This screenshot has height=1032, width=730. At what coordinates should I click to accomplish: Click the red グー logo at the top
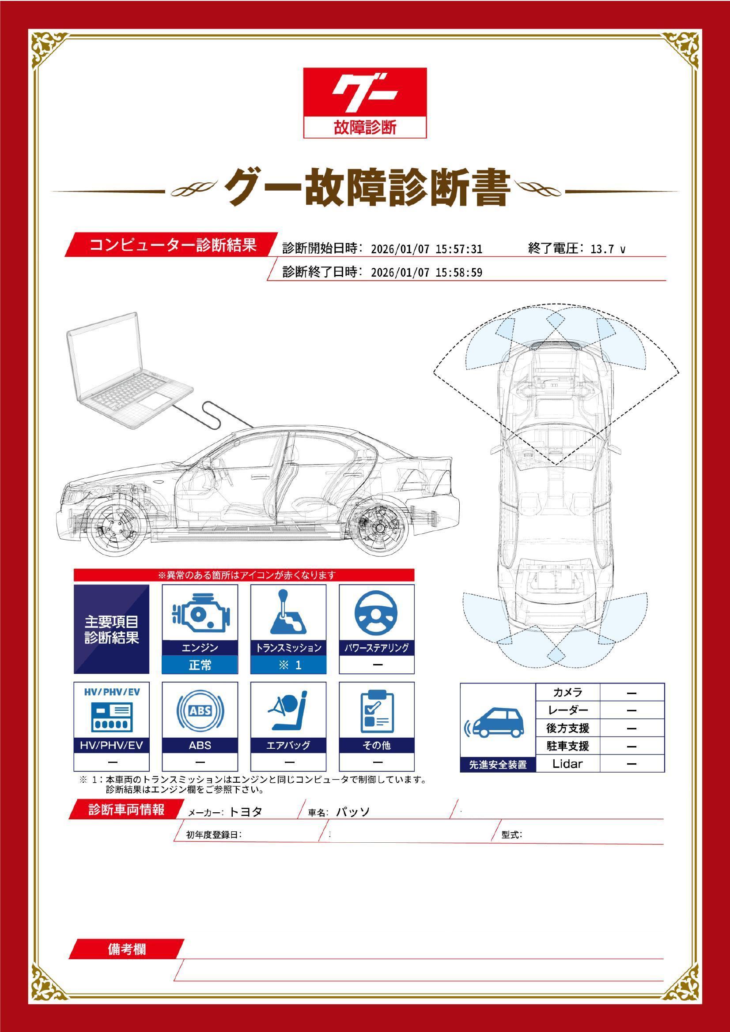click(365, 103)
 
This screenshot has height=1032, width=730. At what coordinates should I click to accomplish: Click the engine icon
click(200, 613)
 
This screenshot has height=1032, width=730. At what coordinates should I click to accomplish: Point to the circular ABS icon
click(200, 711)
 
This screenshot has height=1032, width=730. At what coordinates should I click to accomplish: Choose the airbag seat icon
click(288, 711)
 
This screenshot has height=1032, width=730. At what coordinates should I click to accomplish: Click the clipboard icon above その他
click(377, 712)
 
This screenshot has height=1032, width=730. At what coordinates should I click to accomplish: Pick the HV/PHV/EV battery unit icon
click(111, 716)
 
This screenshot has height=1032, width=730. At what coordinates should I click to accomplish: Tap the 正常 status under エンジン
click(200, 665)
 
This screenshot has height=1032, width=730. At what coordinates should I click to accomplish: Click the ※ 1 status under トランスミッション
click(288, 665)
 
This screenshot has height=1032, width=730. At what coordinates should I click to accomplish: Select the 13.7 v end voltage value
click(607, 249)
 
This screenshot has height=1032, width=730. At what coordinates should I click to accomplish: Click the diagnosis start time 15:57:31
click(459, 249)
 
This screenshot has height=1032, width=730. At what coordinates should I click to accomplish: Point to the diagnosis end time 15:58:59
click(459, 273)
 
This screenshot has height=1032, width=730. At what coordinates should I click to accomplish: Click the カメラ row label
click(567, 692)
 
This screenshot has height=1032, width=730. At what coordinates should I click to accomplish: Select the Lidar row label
click(567, 763)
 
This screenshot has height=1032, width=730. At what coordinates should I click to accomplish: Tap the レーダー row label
click(567, 710)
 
